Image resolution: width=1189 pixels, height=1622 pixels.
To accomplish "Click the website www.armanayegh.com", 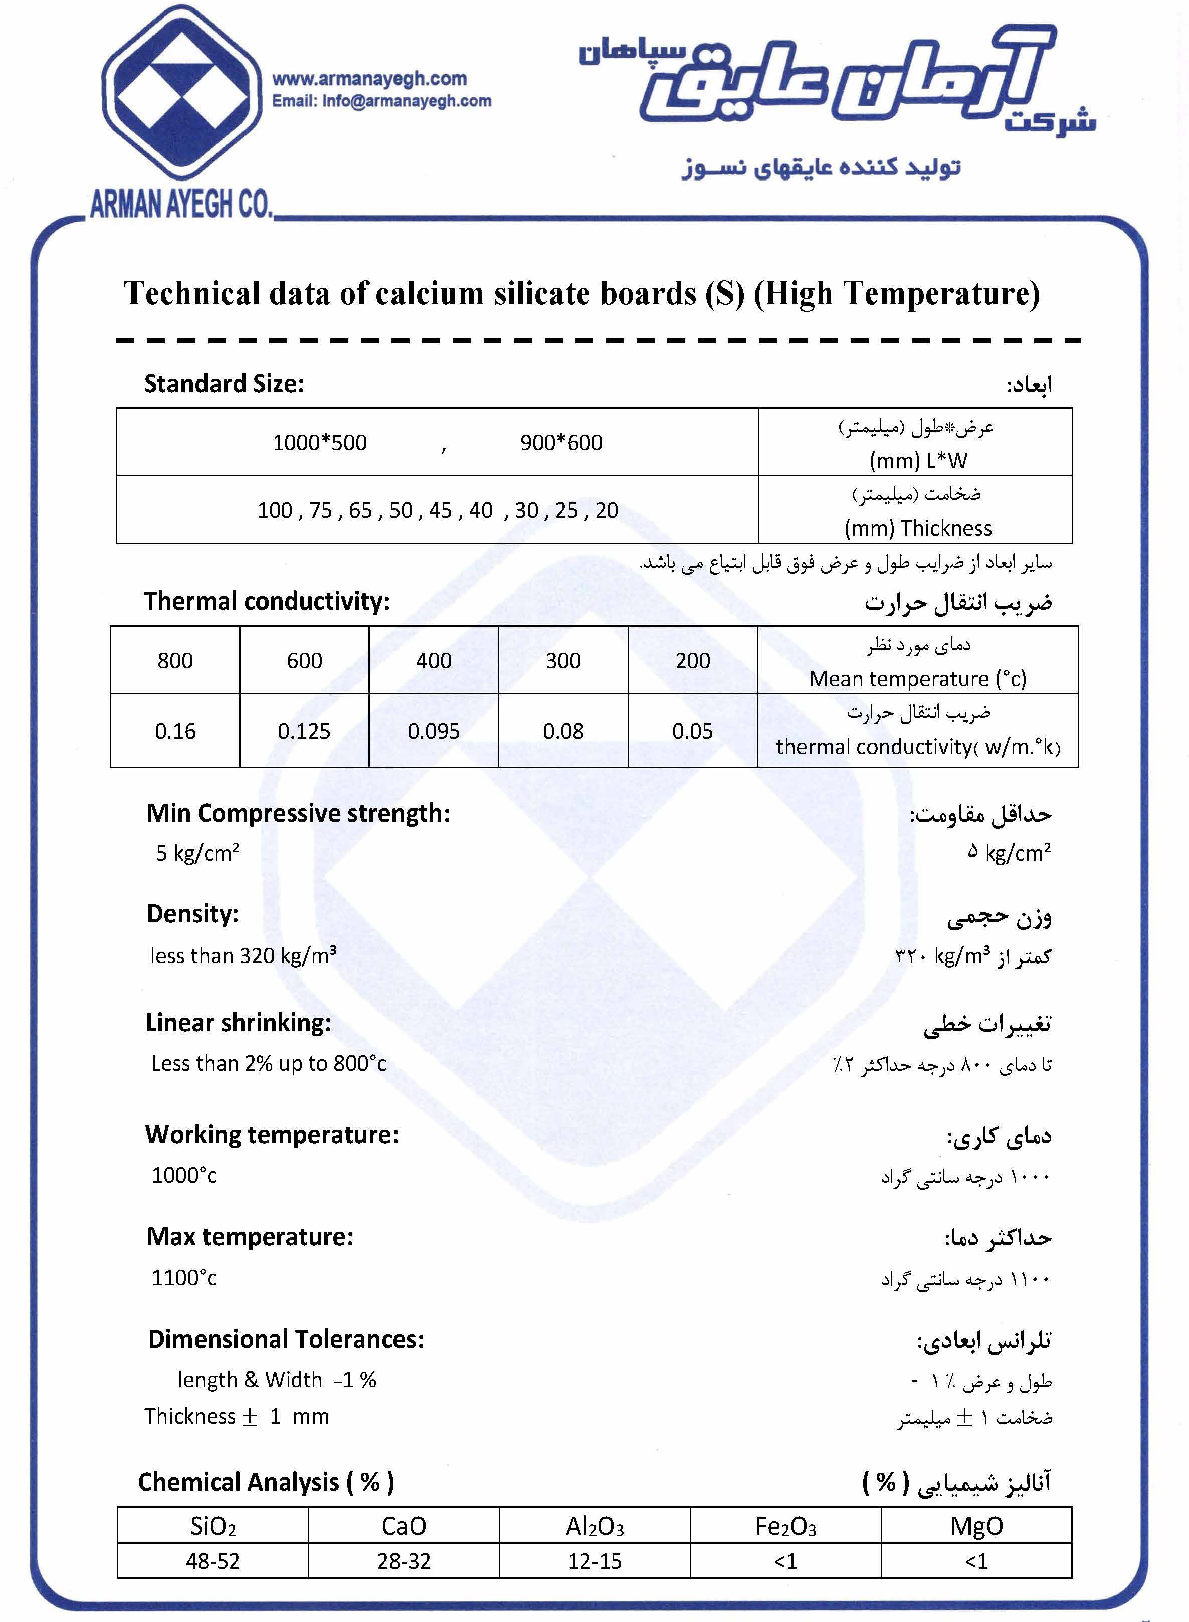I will click(x=369, y=79).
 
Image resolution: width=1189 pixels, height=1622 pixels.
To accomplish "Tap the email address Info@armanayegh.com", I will click(x=407, y=101).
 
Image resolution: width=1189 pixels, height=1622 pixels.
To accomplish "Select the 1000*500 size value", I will click(x=320, y=443).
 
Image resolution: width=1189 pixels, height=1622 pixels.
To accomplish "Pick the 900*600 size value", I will click(x=561, y=443).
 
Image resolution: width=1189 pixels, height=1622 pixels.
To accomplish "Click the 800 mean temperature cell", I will click(x=175, y=661).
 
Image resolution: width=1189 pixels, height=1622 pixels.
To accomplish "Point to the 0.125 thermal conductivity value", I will click(x=304, y=732).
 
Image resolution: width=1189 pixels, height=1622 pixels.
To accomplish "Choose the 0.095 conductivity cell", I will click(x=433, y=732).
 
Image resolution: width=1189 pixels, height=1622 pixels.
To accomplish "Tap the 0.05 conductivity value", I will click(x=692, y=732).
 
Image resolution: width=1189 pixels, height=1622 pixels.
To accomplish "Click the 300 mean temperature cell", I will click(x=563, y=661).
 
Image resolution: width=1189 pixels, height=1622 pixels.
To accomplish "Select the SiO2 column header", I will click(x=213, y=1526).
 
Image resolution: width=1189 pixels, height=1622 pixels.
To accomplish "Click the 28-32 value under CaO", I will click(x=404, y=1561).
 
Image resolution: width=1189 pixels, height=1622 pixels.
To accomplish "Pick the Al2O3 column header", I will click(x=594, y=1526).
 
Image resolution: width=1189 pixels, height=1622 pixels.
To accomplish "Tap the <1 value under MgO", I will click(x=976, y=1561).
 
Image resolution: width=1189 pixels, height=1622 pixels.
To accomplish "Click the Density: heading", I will click(x=193, y=914).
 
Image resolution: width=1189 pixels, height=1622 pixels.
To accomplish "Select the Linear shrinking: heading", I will click(x=238, y=1023).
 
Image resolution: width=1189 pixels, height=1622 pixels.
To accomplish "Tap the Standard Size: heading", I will click(x=224, y=384).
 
